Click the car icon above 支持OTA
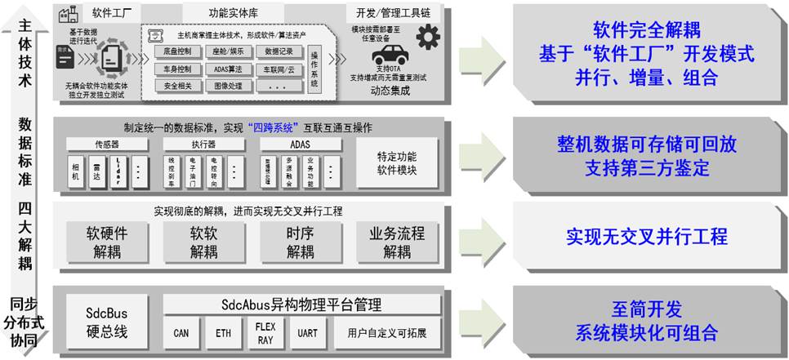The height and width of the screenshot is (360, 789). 390,56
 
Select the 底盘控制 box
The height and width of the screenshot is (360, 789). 178,51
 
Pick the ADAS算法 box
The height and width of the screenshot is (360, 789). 229,69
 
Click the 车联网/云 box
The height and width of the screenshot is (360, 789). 278,69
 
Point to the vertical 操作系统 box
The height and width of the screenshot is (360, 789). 315,68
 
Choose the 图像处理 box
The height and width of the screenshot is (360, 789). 229,85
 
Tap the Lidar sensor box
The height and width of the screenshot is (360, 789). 118,171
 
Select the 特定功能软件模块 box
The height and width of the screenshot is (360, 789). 397,166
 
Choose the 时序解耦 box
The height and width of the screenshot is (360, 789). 301,242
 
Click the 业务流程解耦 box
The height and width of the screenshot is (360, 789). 397,242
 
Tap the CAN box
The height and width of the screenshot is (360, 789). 181,333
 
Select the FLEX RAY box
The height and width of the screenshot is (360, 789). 265,332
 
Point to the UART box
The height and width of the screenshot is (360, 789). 308,333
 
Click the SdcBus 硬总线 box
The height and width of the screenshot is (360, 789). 107,322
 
